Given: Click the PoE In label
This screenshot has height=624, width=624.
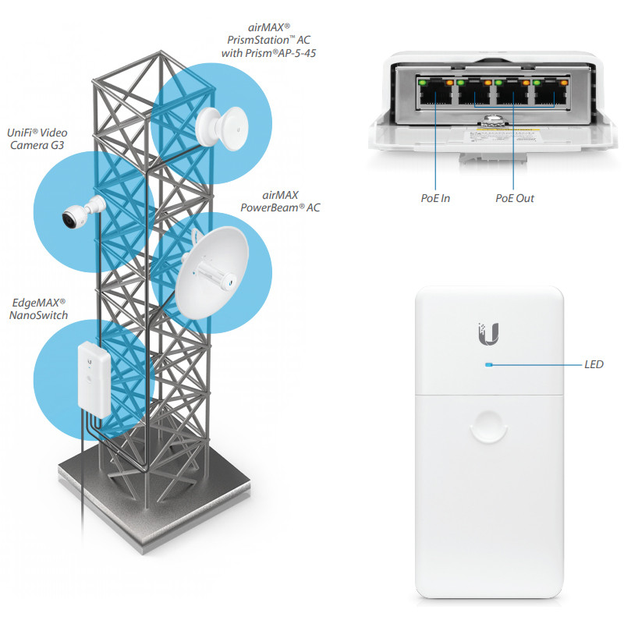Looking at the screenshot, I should click(434, 198).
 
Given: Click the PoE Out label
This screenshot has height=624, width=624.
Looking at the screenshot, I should click(515, 198).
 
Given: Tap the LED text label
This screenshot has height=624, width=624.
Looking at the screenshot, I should click(594, 364).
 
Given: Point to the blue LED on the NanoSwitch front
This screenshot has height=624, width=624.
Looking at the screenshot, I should click(488, 364).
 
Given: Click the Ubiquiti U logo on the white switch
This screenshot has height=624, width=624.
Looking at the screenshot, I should click(489, 334).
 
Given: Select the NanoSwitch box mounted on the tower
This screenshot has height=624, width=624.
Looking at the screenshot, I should click(94, 375).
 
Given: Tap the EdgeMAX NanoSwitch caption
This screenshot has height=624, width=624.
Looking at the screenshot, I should click(39, 309).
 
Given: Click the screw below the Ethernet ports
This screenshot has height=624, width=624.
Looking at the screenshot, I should click(492, 121).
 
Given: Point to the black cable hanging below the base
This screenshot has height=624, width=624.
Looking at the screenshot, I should click(81, 507).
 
